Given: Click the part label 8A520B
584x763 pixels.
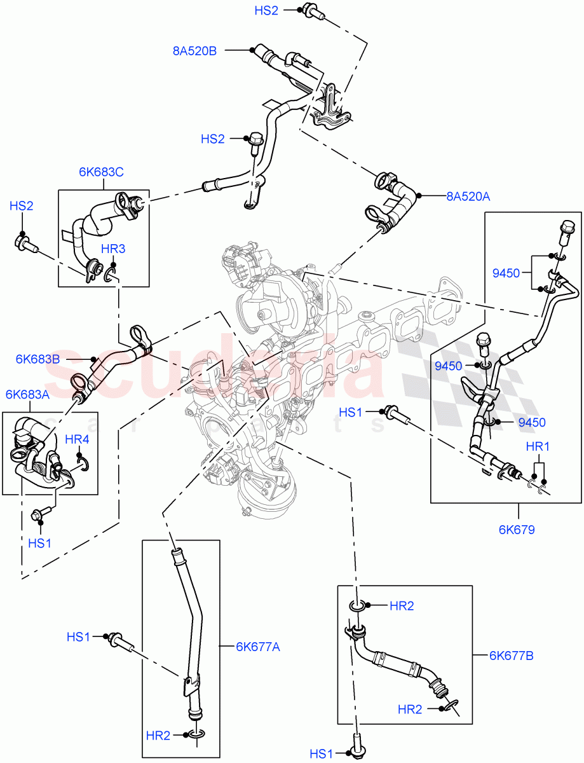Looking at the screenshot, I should [x=194, y=51].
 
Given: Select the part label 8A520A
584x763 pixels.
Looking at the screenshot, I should [x=468, y=197].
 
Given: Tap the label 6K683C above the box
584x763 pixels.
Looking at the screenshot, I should [x=101, y=172].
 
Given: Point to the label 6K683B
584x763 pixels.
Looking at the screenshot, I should [x=37, y=359].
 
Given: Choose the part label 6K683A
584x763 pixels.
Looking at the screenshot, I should [x=27, y=394].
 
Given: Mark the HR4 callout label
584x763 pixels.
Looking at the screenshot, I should [x=78, y=439].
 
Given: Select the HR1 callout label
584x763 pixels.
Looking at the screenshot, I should [x=538, y=447].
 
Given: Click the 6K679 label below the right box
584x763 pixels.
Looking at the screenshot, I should [x=517, y=528].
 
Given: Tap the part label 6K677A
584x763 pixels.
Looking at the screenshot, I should [x=258, y=647].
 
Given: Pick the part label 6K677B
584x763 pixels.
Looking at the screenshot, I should [x=511, y=654].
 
